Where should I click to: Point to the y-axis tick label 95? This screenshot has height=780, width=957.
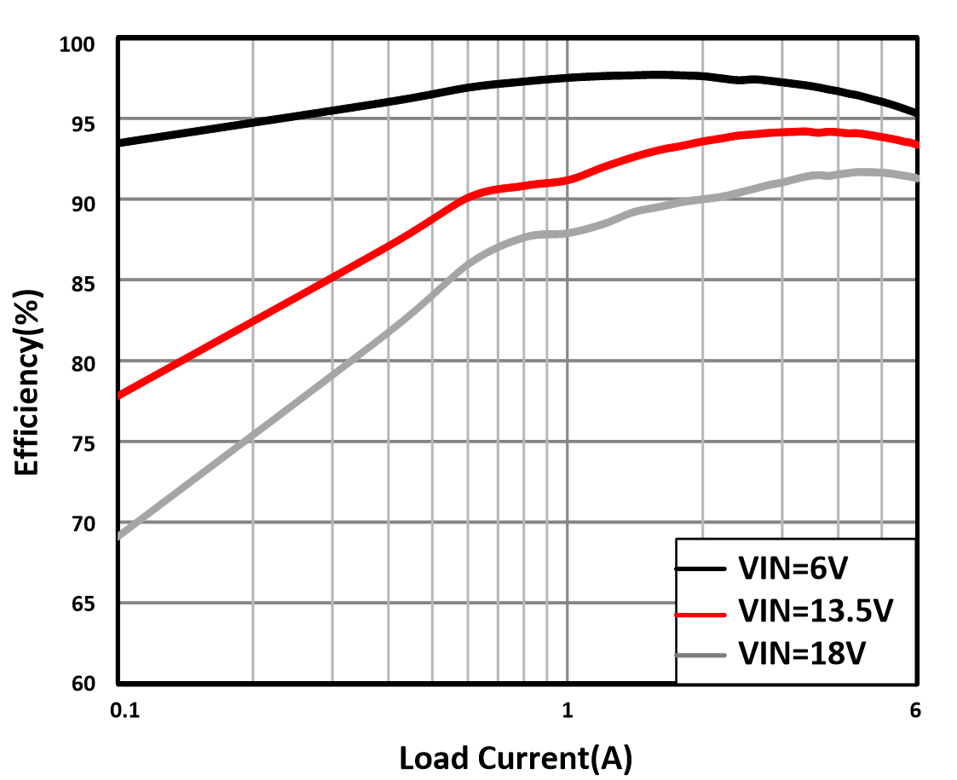point(84,122)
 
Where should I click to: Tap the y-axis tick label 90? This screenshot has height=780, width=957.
point(84,202)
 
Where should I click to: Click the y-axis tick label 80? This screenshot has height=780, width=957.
point(84,362)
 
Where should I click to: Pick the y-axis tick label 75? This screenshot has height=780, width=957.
point(84,442)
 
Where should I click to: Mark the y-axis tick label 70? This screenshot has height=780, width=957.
point(84,523)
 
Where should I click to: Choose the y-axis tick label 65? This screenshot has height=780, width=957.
point(84,603)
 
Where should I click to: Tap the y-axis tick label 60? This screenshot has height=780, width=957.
point(84,683)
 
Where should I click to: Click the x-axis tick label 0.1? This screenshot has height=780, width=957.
point(124,710)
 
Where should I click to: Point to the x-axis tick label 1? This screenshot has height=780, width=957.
point(567,710)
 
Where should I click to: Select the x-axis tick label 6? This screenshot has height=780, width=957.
point(915,710)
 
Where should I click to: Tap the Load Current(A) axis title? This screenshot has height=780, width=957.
point(516,757)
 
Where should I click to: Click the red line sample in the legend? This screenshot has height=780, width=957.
point(700,613)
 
